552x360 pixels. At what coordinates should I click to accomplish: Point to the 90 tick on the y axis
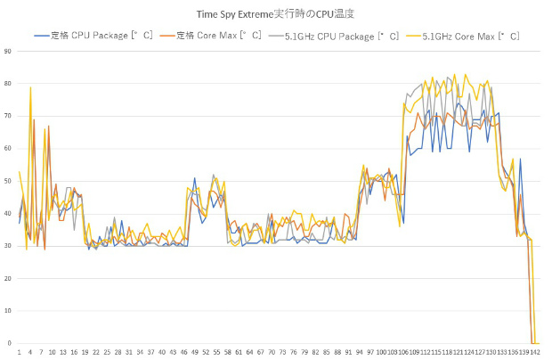click(7, 51)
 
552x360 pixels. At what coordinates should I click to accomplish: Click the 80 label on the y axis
click(7, 84)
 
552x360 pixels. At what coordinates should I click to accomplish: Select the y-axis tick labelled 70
click(7, 116)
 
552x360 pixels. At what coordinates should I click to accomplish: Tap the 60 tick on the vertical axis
click(7, 149)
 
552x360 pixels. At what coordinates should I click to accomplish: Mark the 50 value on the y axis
click(7, 181)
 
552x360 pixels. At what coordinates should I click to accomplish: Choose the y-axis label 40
click(7, 214)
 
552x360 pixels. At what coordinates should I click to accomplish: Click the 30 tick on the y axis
click(7, 246)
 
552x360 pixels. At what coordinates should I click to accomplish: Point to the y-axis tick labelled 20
click(7, 279)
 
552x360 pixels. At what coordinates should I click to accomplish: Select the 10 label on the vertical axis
click(7, 311)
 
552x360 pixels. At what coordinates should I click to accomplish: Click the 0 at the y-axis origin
click(9, 343)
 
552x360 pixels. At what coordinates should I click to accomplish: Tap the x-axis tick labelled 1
click(20, 352)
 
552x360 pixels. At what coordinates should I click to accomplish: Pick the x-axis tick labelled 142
click(535, 352)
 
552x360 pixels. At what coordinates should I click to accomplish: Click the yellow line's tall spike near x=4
click(30, 87)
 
